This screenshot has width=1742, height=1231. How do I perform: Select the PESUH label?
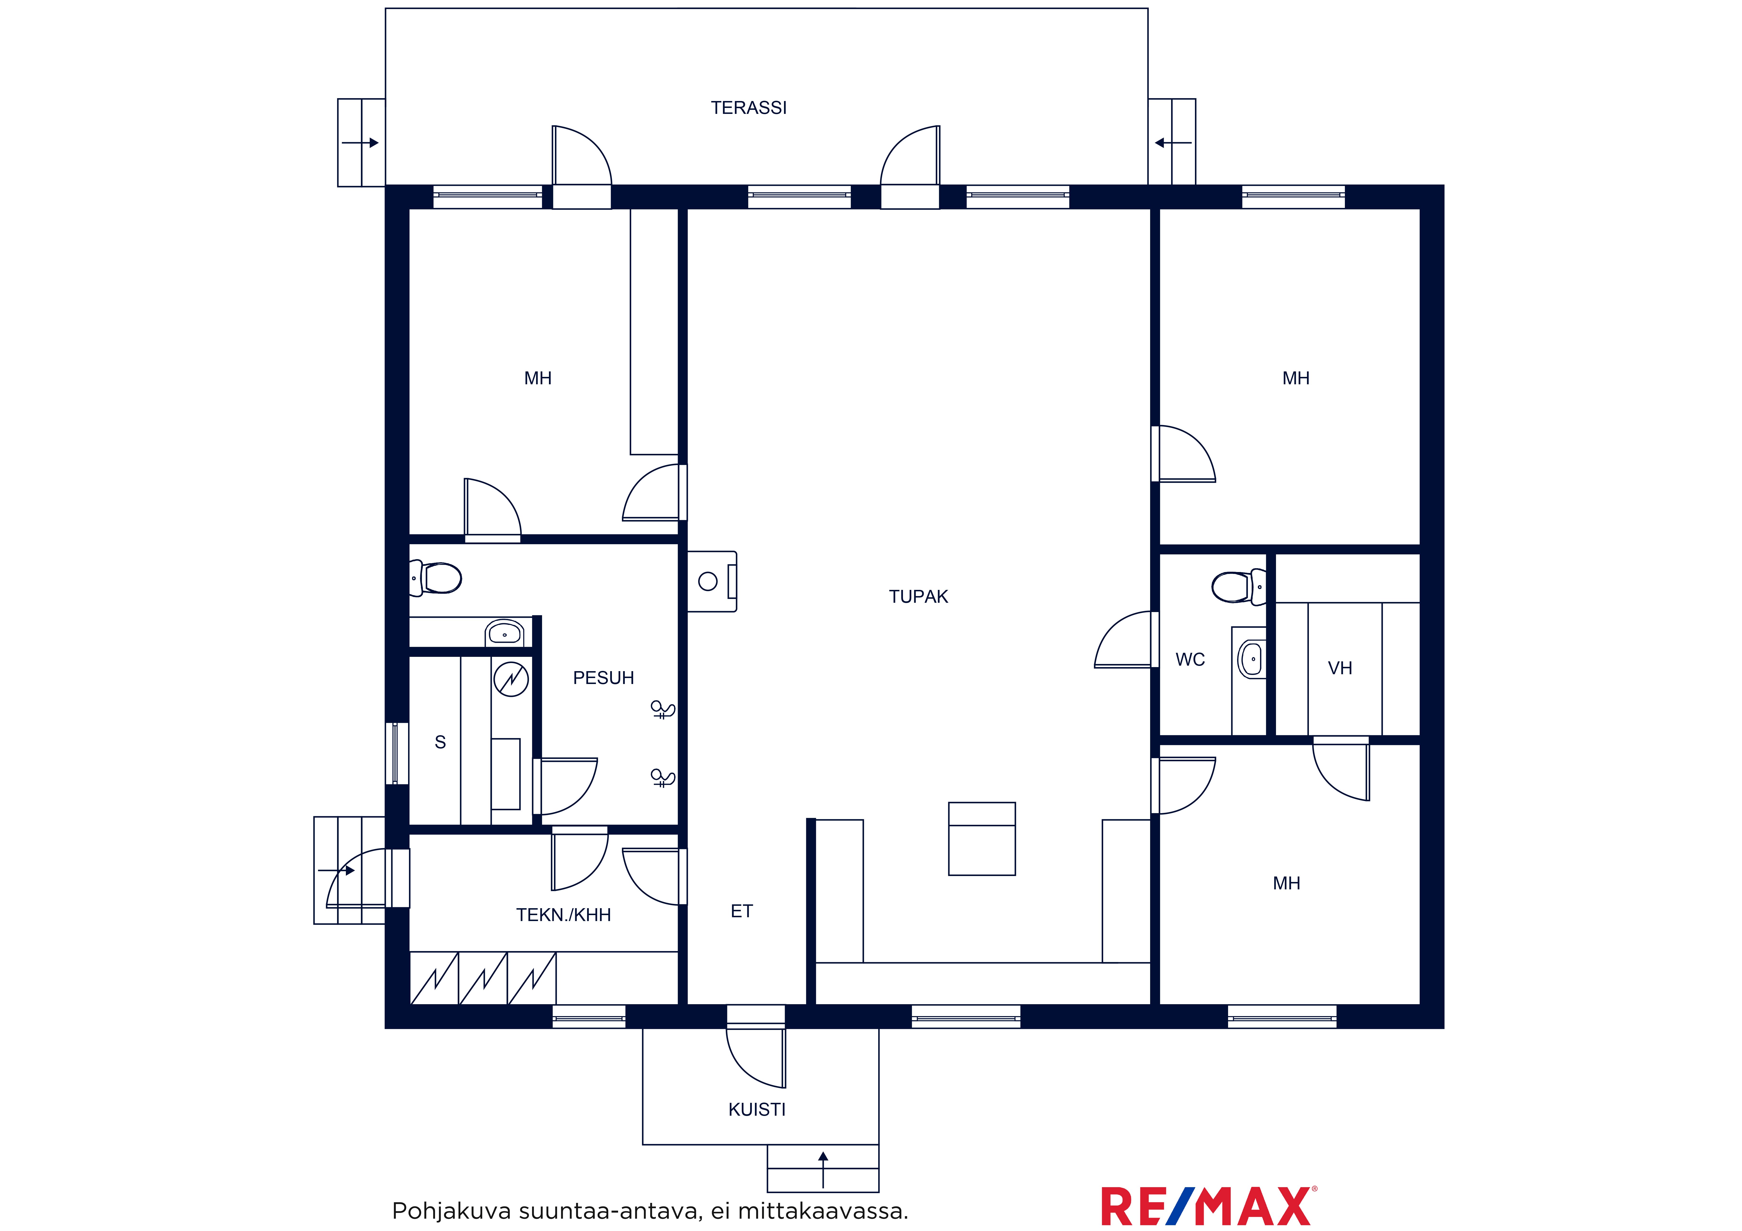click(603, 678)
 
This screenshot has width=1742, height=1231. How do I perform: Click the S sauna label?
click(440, 743)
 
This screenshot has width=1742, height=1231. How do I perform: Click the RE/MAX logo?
click(1209, 1206)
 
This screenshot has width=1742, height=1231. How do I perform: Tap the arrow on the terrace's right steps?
click(1173, 143)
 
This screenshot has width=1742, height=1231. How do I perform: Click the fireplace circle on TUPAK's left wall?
click(708, 582)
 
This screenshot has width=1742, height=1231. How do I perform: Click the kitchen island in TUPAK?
click(982, 839)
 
